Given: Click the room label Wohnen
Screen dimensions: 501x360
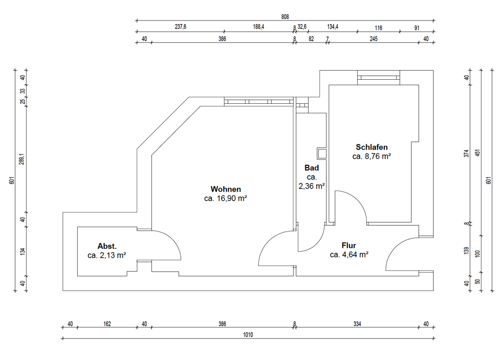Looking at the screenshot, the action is pos(225,189).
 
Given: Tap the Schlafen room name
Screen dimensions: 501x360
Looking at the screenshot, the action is pos(372,147).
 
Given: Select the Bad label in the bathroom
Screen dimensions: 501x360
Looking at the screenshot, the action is pos(312,167).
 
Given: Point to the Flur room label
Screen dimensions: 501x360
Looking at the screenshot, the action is pos(349,245).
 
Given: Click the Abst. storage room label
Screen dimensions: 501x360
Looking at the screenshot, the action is pos(107,246).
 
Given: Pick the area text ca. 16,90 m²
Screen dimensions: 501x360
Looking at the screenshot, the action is pos(225,198).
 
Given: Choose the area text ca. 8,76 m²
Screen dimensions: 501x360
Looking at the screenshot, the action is pos(372,156).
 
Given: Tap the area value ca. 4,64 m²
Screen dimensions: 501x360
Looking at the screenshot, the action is pos(349,255).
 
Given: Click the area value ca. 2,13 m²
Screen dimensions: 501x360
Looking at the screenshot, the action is pos(107,255).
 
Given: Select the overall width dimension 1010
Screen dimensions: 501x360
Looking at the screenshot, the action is pos(248,335).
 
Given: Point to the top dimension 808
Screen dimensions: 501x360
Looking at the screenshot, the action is pos(285,17).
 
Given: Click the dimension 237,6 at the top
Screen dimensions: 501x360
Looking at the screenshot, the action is pos(180,27).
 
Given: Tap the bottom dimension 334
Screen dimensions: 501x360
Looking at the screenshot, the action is pos(357,324).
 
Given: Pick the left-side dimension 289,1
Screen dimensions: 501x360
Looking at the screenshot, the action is pos(22,159).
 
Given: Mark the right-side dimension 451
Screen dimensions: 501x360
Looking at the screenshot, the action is pos(477,153).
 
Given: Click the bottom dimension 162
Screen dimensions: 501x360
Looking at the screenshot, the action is pos(107,324).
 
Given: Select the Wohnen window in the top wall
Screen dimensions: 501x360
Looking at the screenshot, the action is pos(259,101).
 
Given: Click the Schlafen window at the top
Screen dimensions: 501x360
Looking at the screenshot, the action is pos(378,77).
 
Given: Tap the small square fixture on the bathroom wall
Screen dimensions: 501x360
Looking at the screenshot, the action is pos(322,153).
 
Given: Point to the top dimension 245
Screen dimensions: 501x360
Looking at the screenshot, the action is pos(374,39).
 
